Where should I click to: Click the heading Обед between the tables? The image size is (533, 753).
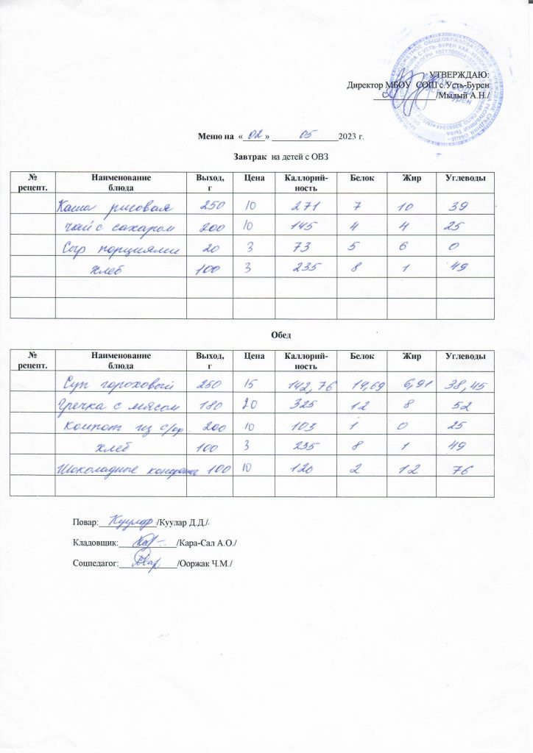[280, 335]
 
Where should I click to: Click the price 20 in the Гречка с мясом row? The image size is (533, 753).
[251, 404]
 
